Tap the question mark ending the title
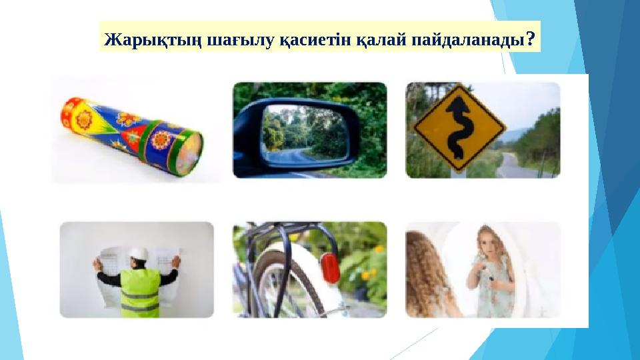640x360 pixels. pyautogui.click(x=530, y=39)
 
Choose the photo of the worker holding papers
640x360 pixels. pyautogui.click(x=137, y=270)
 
